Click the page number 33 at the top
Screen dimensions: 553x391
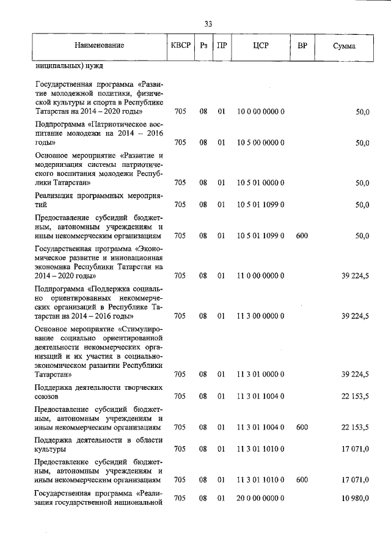point(208,24)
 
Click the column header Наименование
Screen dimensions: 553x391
point(100,46)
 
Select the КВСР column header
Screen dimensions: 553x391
point(180,46)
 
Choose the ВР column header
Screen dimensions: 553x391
point(302,46)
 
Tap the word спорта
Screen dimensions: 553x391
point(118,103)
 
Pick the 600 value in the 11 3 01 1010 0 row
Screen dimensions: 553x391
point(302,480)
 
